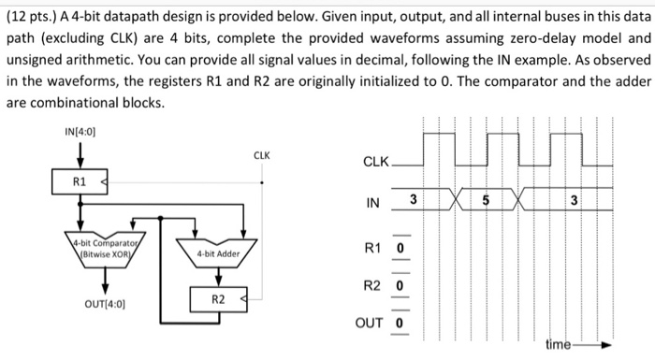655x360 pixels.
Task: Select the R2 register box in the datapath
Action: pos(217,299)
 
